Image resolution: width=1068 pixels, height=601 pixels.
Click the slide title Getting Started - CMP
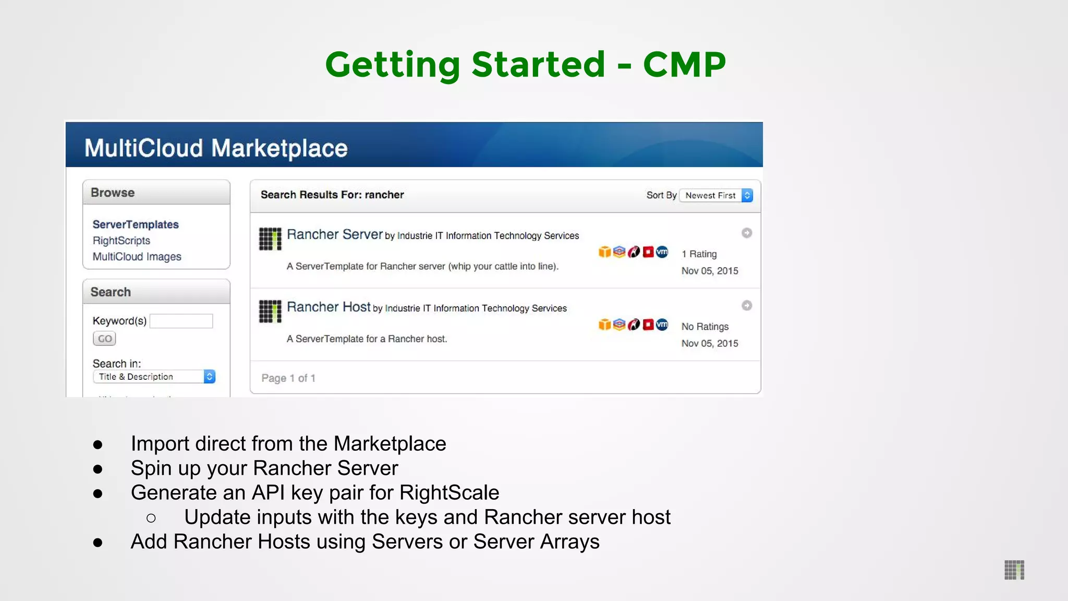525,65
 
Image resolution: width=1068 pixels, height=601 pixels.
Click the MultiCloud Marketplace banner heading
216,148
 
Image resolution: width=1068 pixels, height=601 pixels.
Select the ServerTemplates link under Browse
136,224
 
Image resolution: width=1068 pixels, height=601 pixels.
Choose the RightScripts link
122,241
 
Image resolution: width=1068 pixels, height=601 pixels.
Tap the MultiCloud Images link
137,257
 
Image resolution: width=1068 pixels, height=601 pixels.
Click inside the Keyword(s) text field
181,321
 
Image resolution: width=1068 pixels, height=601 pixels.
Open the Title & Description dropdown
154,377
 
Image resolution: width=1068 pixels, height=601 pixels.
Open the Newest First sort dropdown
717,195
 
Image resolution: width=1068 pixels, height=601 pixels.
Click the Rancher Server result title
335,235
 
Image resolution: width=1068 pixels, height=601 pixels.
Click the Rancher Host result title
329,307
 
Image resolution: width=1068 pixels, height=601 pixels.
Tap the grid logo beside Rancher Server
270,239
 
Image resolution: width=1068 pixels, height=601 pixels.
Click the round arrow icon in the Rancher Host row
747,306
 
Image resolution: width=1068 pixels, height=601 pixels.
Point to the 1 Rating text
699,254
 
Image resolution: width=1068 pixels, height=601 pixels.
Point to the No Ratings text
705,327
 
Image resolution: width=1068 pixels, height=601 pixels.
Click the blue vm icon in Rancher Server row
662,252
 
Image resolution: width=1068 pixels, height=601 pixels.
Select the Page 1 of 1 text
288,378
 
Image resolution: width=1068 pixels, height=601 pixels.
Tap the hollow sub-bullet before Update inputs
151,518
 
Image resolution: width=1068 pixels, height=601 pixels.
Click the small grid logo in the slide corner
1014,570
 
